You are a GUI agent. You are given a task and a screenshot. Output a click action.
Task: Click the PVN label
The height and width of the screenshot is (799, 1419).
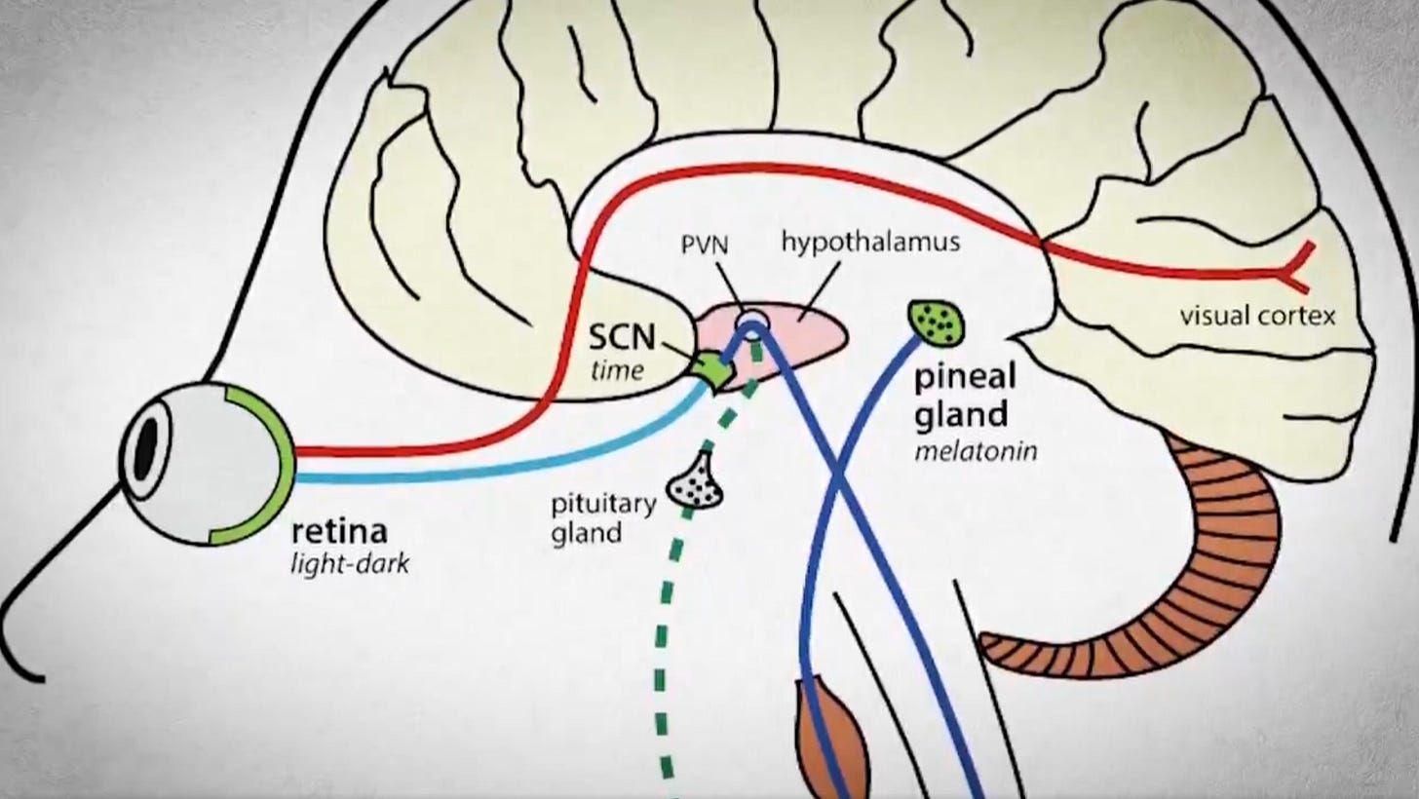pos(705,245)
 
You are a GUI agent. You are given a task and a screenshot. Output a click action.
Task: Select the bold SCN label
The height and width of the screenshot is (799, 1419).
pos(622,337)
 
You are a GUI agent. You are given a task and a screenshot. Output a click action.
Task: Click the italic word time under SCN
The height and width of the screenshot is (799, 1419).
pos(617,370)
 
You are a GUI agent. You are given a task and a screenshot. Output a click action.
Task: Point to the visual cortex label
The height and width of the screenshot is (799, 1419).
pos(1257,316)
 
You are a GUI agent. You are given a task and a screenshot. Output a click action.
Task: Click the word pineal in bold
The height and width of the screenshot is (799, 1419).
pos(965,377)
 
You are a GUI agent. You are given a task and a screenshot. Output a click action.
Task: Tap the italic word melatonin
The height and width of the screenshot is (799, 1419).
pos(977,451)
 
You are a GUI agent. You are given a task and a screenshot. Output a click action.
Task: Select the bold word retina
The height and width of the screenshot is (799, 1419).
pos(339,532)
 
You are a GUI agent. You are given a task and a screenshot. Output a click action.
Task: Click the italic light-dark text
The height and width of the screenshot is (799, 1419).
pos(350,563)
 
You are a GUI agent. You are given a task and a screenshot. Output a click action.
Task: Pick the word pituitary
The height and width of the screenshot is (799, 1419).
pos(603,506)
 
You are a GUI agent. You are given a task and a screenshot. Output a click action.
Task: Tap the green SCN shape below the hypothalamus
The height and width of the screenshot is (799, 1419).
pos(712,369)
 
